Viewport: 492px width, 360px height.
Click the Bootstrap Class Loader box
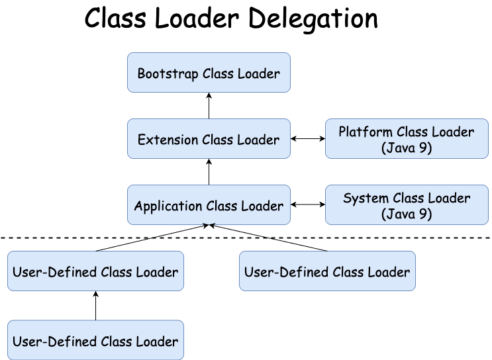[x=209, y=73]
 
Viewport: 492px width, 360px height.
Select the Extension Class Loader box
[x=209, y=139]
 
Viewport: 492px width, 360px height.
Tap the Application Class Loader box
[x=209, y=205]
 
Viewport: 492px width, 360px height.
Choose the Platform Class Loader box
[x=406, y=139]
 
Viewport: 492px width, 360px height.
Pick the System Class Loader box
[x=406, y=205]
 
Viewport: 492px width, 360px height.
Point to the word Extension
[x=168, y=140]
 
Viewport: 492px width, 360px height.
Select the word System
[x=365, y=198]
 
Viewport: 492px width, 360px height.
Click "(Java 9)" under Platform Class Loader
[x=407, y=148]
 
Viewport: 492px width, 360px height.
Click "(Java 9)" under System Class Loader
[x=407, y=214]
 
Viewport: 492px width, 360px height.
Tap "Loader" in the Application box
[x=262, y=206]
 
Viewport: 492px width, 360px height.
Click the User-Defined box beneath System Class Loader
[x=327, y=271]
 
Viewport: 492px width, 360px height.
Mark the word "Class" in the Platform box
[x=417, y=132]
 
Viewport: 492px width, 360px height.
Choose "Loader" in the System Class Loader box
[x=450, y=198]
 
